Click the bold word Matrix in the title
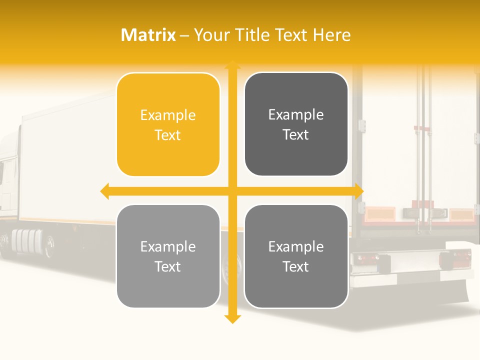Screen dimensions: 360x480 click(x=148, y=35)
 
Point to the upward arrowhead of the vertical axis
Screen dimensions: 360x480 click(x=232, y=64)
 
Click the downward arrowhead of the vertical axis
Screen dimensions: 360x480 click(x=232, y=319)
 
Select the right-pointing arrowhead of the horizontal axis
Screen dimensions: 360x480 click(x=359, y=191)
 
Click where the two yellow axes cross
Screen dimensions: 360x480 click(x=232, y=191)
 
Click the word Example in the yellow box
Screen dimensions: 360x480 click(x=168, y=115)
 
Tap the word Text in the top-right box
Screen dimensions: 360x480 click(x=296, y=135)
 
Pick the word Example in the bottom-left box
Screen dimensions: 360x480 click(x=168, y=246)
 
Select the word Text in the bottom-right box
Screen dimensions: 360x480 click(x=296, y=266)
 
